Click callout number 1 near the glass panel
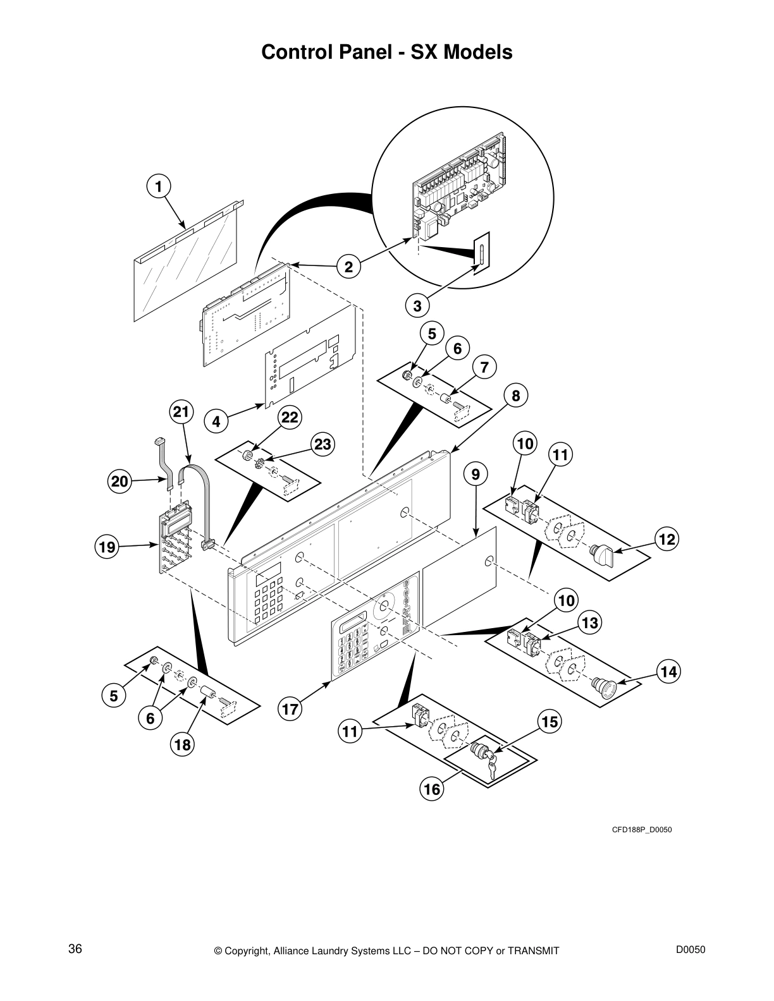(x=159, y=186)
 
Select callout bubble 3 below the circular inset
(x=417, y=306)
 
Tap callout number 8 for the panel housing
(x=516, y=396)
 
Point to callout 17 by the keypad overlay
(x=290, y=709)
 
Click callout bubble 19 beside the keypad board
(x=107, y=547)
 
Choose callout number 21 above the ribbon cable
(x=181, y=413)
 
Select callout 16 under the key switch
(x=431, y=789)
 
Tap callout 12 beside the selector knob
(x=666, y=539)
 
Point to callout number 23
(x=322, y=444)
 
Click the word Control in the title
(x=294, y=52)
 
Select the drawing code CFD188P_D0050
(x=641, y=829)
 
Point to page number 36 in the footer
(x=75, y=931)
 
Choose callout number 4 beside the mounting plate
(x=216, y=421)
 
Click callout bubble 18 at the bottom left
(x=182, y=745)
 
